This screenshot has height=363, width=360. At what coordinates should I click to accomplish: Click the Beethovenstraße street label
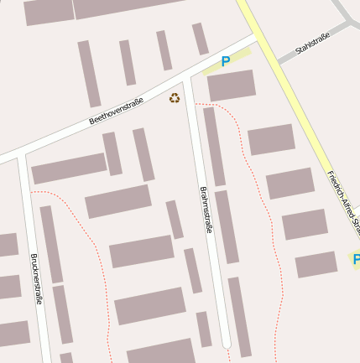116,111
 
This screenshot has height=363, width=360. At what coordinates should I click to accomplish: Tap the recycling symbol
175,98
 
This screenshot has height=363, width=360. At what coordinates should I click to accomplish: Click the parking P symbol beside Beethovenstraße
225,61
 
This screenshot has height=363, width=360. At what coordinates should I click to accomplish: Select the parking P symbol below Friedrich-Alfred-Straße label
356,260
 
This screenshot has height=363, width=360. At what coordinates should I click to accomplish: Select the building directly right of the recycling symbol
231,86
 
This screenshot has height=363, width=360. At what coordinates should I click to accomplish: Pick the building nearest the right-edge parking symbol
316,265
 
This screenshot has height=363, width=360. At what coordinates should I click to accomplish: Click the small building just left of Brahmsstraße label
175,220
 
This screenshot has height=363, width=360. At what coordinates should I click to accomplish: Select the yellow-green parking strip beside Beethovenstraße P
239,58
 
